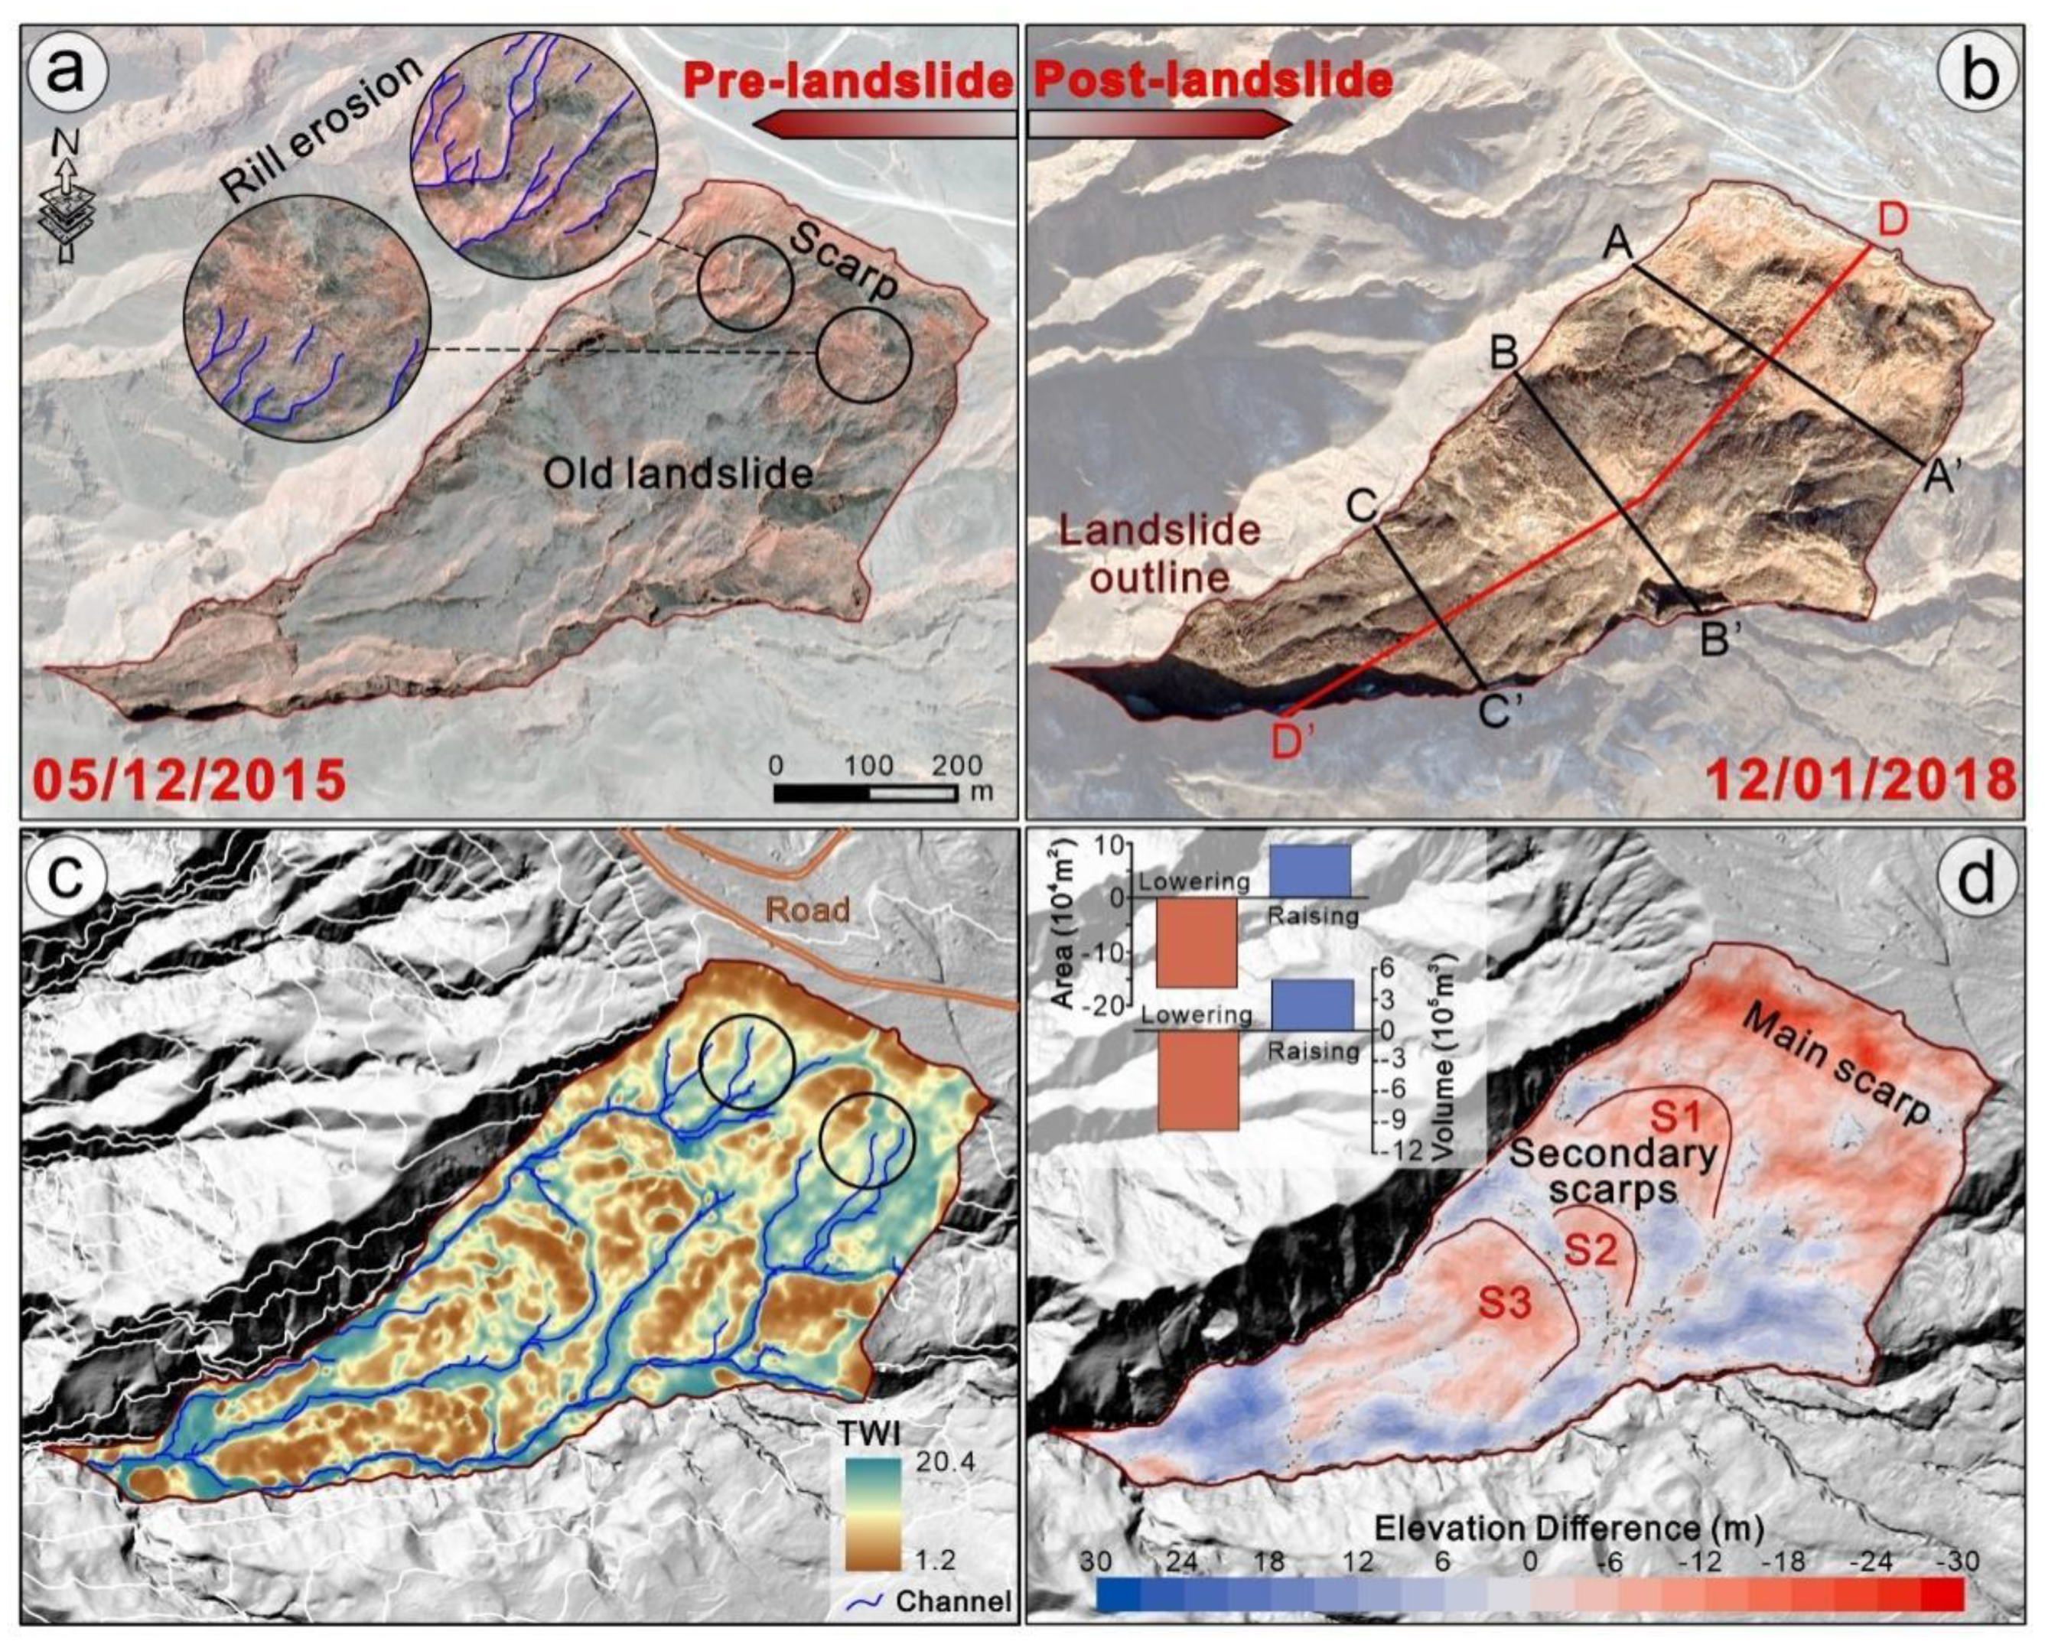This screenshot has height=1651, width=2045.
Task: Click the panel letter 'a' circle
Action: click(66, 71)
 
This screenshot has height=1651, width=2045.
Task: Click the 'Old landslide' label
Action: click(677, 473)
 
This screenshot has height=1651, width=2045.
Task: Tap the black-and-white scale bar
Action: click(865, 792)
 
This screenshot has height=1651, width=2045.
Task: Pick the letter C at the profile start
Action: click(1362, 506)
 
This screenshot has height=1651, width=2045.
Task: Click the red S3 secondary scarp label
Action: click(1504, 1303)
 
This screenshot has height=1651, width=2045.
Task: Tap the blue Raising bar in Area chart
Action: click(1310, 870)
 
